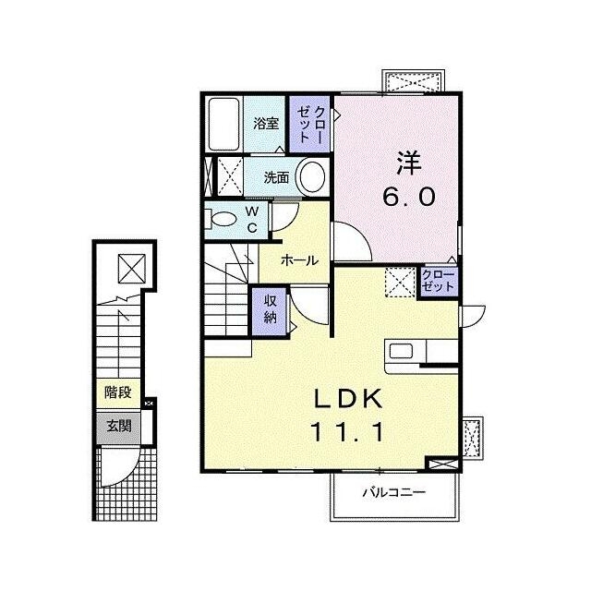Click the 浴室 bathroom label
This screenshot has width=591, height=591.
(266, 124)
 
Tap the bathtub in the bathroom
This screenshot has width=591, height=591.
(223, 124)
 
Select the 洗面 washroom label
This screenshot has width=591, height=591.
(276, 177)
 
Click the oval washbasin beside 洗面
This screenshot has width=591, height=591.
(312, 177)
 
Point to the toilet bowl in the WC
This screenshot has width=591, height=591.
(223, 220)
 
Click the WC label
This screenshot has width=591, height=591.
(252, 220)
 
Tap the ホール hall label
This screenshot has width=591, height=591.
(299, 260)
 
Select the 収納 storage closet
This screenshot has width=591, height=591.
(270, 311)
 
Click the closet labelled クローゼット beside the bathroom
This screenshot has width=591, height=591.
(310, 124)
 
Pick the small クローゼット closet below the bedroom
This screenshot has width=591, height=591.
(439, 282)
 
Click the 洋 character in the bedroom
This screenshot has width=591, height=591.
(408, 163)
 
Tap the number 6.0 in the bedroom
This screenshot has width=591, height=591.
(409, 197)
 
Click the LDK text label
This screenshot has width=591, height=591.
(349, 399)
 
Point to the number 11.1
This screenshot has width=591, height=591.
(347, 431)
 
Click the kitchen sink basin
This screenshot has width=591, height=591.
(401, 351)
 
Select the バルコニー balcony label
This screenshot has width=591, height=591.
(394, 492)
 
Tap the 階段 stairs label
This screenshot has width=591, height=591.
(118, 392)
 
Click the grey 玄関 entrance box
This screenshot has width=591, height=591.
(118, 427)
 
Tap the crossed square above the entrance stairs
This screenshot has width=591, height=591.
(132, 268)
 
